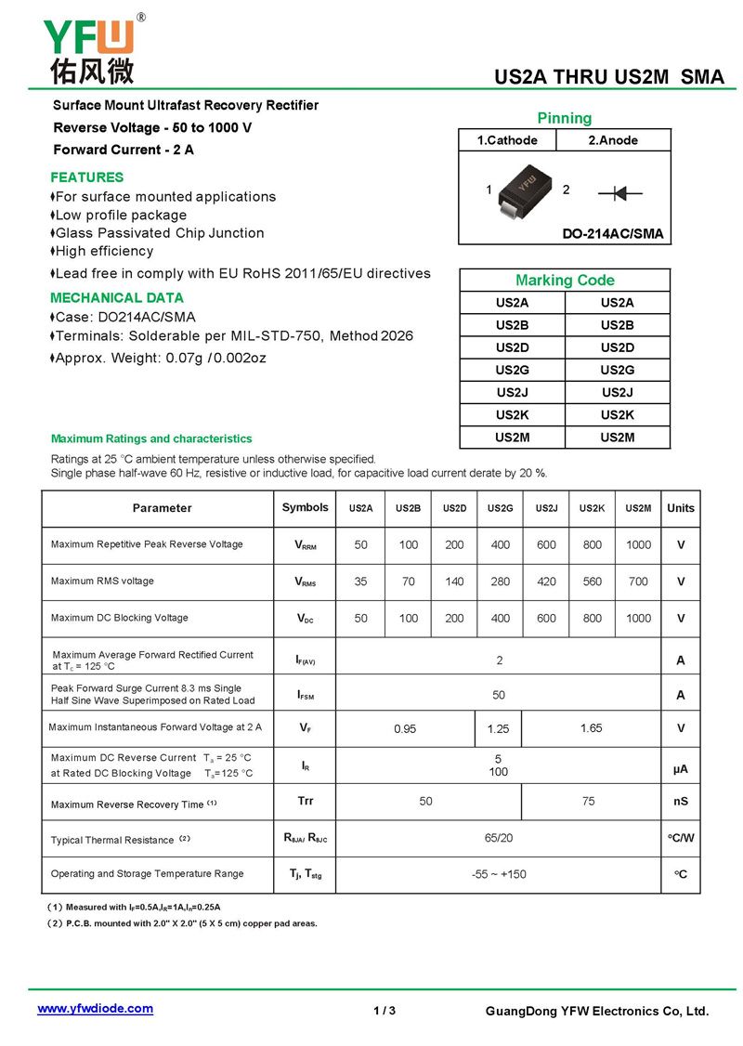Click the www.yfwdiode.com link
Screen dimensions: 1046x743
pyautogui.click(x=95, y=1008)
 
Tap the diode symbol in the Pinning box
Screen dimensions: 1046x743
pyautogui.click(x=620, y=192)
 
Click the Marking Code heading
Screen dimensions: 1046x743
pyautogui.click(x=565, y=281)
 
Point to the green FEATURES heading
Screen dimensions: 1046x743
pyautogui.click(x=86, y=177)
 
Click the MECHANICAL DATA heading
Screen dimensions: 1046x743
pyautogui.click(x=116, y=298)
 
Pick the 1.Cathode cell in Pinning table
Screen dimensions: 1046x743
pyautogui.click(x=507, y=140)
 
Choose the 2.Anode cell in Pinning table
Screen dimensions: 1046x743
pyautogui.click(x=613, y=140)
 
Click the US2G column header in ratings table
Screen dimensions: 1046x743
pyautogui.click(x=500, y=508)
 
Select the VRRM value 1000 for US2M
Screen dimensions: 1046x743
pyautogui.click(x=638, y=545)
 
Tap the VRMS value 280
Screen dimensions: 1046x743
pyautogui.click(x=500, y=582)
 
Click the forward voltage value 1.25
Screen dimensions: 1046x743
pyautogui.click(x=499, y=729)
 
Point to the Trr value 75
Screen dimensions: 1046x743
pyautogui.click(x=589, y=801)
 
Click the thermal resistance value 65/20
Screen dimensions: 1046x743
pyautogui.click(x=498, y=838)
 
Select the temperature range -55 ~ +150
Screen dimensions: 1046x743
pyautogui.click(x=498, y=874)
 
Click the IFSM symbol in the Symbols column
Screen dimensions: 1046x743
pyautogui.click(x=305, y=695)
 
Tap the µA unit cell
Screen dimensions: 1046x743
pyautogui.click(x=680, y=769)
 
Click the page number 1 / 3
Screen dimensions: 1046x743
pyautogui.click(x=385, y=1011)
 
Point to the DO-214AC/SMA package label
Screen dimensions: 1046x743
pyautogui.click(x=613, y=234)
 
